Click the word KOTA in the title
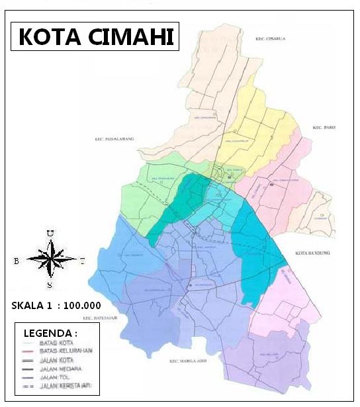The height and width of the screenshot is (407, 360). (47, 36)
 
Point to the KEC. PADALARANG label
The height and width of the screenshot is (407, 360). (114, 139)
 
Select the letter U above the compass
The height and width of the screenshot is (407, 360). (50, 233)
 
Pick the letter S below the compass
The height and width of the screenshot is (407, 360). (50, 285)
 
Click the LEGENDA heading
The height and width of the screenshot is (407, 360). (50, 332)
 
